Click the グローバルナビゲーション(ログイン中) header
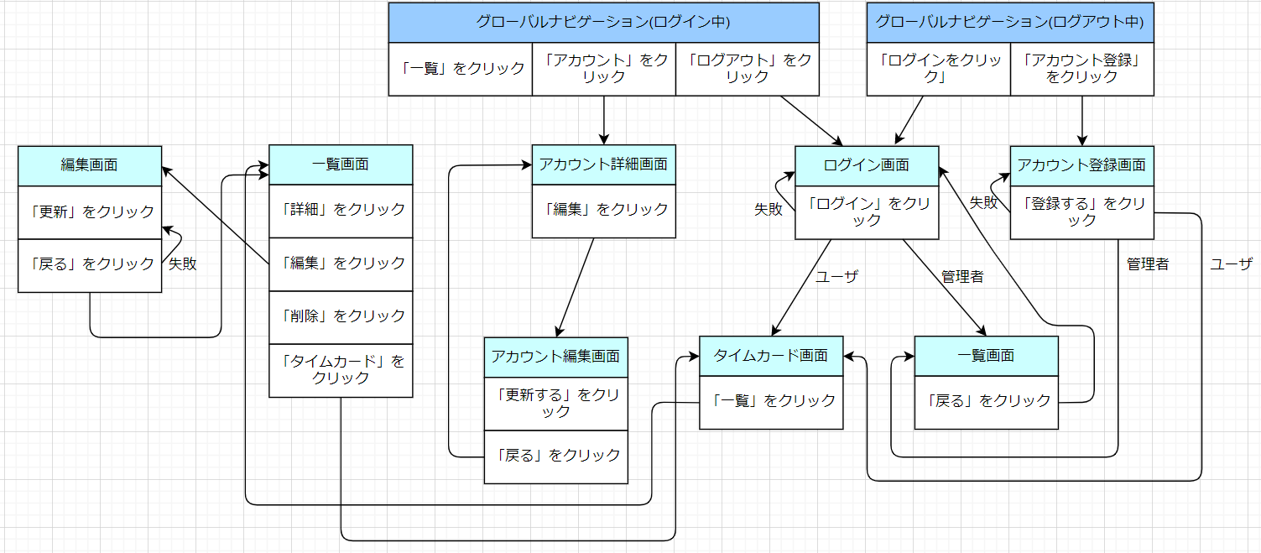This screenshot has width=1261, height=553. click(x=603, y=23)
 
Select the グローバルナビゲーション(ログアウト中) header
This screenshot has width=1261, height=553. click(x=1009, y=23)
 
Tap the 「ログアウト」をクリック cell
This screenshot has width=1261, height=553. click(x=747, y=69)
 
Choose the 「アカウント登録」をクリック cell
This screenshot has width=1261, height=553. click(x=1081, y=69)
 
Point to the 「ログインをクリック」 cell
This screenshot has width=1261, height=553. click(x=938, y=69)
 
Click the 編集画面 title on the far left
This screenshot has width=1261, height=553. click(x=90, y=165)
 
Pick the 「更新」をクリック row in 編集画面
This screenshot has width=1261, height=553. click(x=90, y=211)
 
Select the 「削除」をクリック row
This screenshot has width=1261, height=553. click(x=341, y=316)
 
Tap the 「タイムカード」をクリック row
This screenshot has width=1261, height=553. click(x=341, y=370)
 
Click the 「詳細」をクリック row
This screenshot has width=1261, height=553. click(x=341, y=210)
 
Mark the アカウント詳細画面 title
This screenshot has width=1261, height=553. click(x=603, y=165)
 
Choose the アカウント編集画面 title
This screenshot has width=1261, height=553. click(x=555, y=357)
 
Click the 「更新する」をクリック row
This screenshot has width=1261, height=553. click(x=555, y=404)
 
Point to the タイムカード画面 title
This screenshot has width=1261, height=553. click(x=771, y=356)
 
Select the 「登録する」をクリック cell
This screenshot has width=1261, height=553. click(x=1081, y=211)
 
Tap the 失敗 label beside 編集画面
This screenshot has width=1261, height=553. click(x=183, y=264)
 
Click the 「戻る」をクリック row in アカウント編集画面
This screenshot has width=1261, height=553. click(x=555, y=456)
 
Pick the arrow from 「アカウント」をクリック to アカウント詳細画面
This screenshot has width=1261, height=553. click(x=603, y=120)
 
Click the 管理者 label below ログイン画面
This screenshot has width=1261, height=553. click(x=961, y=277)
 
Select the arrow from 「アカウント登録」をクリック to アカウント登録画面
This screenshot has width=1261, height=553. click(x=1082, y=120)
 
